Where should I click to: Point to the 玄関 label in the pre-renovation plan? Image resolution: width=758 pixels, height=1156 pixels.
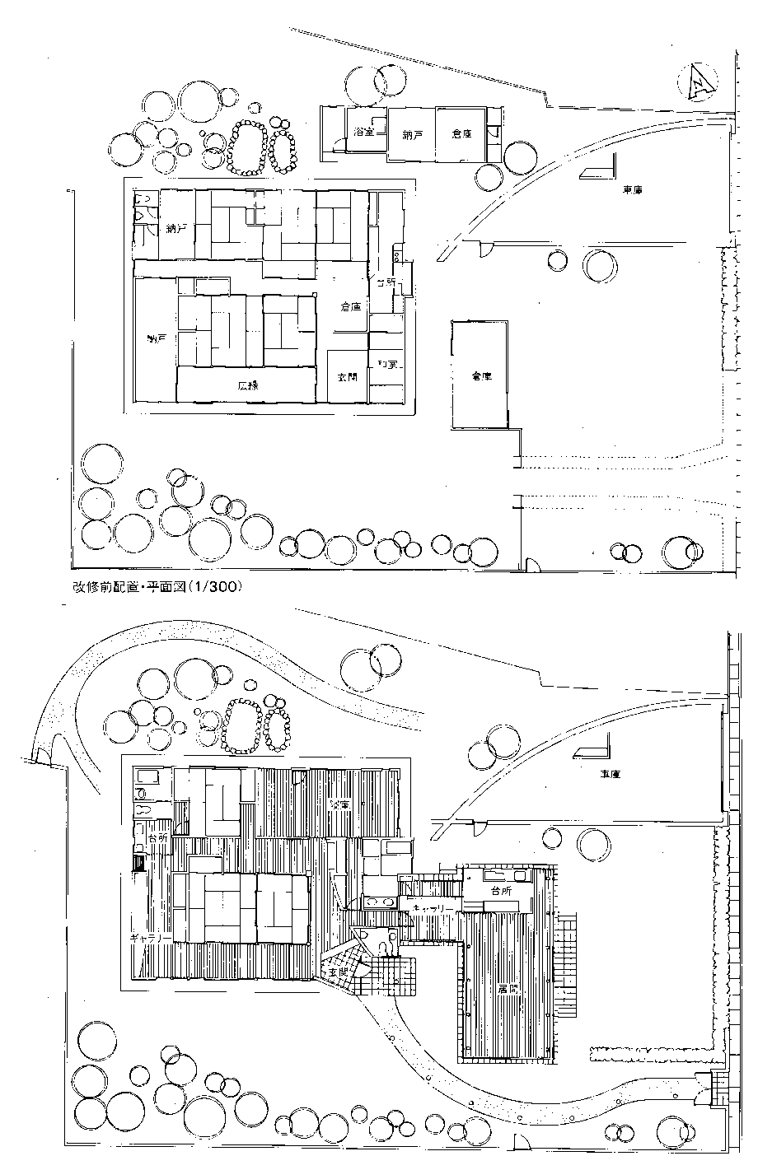pos(347,376)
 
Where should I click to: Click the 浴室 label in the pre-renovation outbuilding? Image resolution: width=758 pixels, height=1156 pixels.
pos(363,132)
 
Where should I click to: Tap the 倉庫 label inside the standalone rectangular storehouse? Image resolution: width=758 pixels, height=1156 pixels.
pos(481,375)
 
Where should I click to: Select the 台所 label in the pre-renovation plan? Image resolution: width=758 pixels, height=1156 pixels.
pos(386,282)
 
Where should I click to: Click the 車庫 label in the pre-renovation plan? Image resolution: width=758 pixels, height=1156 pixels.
pos(632,190)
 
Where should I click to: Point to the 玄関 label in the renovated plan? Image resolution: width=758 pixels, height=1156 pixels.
pos(338,972)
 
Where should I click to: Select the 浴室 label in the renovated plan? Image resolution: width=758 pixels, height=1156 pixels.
pos(339,804)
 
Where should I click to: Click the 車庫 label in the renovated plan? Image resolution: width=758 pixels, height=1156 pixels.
pos(610,775)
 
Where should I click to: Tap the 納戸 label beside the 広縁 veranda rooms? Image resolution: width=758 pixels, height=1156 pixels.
pos(156,338)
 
